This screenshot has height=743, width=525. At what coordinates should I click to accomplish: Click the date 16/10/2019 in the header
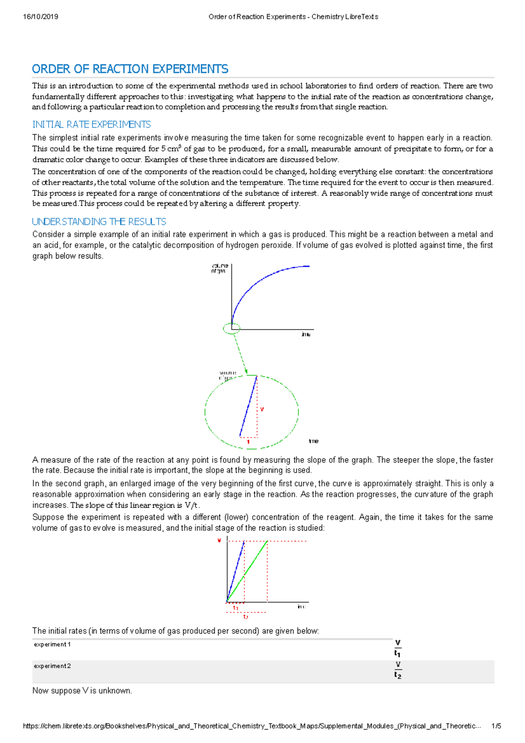[x=41, y=17]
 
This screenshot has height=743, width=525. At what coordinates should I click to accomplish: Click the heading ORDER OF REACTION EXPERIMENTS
[x=130, y=69]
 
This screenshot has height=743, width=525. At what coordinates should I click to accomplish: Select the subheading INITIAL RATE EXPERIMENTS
[x=91, y=125]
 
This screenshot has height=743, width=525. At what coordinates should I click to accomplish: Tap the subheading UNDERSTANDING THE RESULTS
[x=99, y=222]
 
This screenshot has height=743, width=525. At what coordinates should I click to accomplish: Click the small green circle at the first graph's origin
[x=231, y=328]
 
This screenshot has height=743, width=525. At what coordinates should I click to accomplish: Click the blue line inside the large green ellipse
[x=248, y=406]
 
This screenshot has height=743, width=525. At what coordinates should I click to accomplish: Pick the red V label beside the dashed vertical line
[x=262, y=410]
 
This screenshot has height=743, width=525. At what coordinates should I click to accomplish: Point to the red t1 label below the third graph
[x=235, y=608]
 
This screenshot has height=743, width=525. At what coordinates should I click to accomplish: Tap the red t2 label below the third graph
[x=245, y=617]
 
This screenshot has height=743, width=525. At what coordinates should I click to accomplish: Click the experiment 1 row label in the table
[x=52, y=645]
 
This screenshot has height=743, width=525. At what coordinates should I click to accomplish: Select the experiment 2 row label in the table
[x=52, y=666]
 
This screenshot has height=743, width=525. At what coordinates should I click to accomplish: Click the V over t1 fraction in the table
[x=397, y=648]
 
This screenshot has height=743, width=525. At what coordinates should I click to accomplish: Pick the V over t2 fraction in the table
[x=397, y=670]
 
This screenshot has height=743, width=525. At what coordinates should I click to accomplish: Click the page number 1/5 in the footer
[x=496, y=726]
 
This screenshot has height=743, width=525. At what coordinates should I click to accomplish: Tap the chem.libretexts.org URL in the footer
[x=252, y=726]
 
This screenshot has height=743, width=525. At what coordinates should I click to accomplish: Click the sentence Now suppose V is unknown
[x=82, y=691]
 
